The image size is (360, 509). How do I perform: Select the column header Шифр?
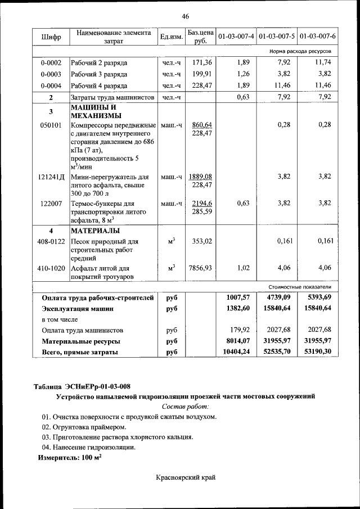coord(51,37)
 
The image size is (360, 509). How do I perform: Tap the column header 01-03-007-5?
coord(277,37)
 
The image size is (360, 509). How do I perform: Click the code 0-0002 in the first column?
coord(51,62)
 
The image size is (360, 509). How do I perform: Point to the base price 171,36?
coord(201,62)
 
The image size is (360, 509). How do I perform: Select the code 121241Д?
coord(51,177)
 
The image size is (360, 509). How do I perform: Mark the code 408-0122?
coord(51,241)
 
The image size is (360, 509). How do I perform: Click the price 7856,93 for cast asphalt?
coord(201,268)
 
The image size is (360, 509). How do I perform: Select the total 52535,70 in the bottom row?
coord(278,352)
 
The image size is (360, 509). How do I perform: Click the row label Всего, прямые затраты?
coord(80,352)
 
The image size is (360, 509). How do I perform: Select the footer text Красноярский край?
coord(186,478)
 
